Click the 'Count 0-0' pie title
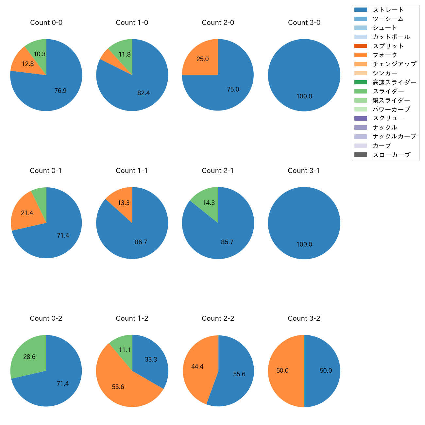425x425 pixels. point(46,23)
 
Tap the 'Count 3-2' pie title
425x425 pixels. point(304,318)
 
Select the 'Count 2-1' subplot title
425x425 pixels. point(218,171)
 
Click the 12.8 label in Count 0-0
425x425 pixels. point(28,64)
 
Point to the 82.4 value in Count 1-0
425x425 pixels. point(144,93)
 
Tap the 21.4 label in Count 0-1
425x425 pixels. point(27,213)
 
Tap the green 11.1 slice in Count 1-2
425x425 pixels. point(125,350)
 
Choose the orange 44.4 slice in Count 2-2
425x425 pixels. point(197,367)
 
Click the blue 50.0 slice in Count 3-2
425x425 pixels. point(326,371)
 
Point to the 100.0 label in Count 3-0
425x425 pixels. point(304,96)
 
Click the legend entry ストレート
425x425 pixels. point(388,10)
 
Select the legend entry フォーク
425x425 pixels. point(385,55)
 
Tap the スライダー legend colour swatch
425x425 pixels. point(361,91)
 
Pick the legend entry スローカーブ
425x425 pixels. point(391,155)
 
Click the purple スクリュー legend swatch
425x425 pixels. point(361,118)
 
